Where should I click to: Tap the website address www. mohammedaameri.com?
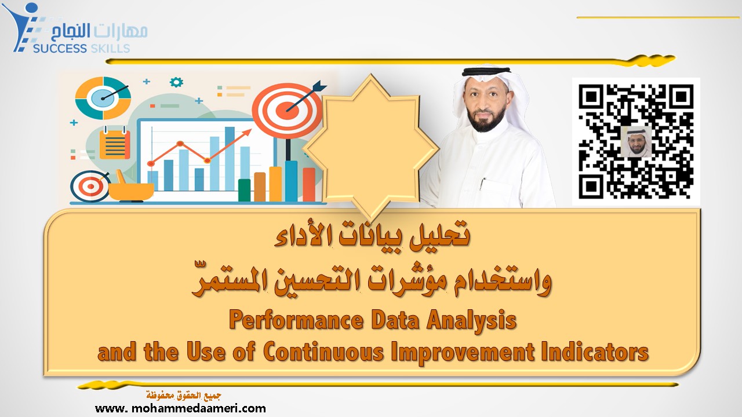pyautogui.click(x=180, y=408)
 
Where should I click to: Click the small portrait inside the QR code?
pyautogui.click(x=636, y=141)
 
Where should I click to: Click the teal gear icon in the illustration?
pyautogui.click(x=176, y=82)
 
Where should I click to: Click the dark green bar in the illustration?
pyautogui.click(x=244, y=189)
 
